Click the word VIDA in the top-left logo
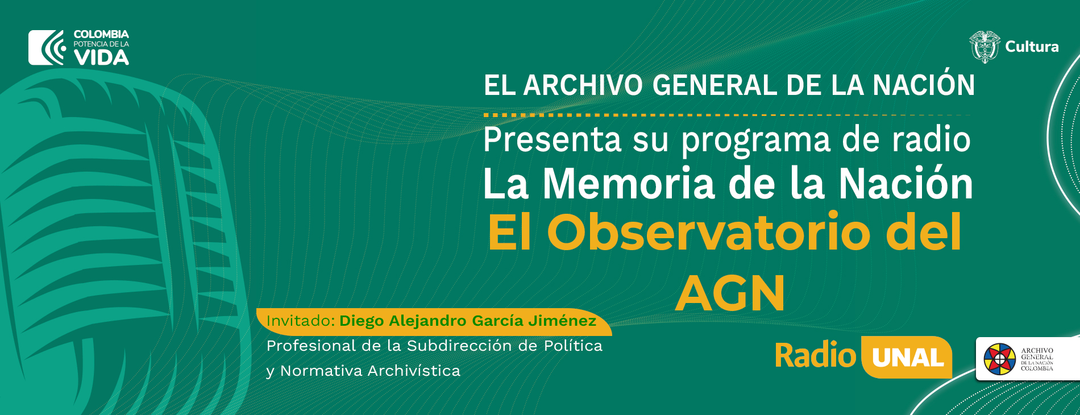[x=101, y=57]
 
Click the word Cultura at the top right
[x=1032, y=47]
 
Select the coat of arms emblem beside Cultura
[x=985, y=47]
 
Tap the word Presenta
[x=552, y=140]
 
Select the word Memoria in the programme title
[x=629, y=184]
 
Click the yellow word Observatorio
[x=709, y=233]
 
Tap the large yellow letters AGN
[x=730, y=293]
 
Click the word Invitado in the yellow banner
[x=300, y=321]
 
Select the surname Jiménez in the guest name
[x=562, y=321]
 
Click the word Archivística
[x=414, y=371]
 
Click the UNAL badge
[x=907, y=357]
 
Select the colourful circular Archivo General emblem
[x=999, y=359]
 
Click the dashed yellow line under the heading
[x=728, y=115]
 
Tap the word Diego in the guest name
[x=362, y=322]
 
